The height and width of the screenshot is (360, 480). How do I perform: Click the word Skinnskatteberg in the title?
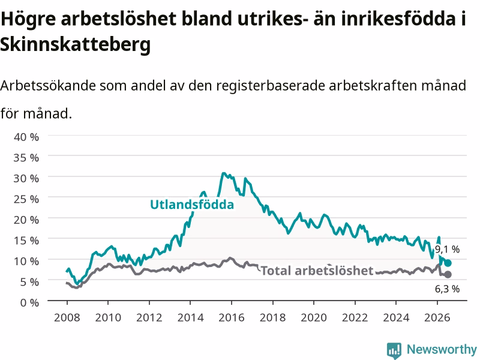click(76, 44)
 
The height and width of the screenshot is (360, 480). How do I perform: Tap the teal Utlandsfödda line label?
click(192, 205)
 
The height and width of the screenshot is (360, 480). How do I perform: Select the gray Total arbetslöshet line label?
click(317, 271)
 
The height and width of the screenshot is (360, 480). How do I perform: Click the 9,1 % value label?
click(447, 249)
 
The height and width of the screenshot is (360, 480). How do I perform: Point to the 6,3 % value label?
click(447, 289)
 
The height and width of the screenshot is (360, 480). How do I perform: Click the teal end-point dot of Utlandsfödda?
click(448, 263)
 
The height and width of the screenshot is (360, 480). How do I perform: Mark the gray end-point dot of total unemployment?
click(448, 275)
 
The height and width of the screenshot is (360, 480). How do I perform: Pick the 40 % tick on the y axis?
click(26, 137)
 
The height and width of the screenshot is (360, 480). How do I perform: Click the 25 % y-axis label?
click(26, 199)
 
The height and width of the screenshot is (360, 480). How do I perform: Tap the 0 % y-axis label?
click(29, 302)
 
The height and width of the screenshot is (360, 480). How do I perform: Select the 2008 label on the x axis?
click(67, 317)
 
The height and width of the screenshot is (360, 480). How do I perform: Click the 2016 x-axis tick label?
click(232, 317)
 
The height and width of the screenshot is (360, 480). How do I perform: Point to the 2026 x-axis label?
click(437, 317)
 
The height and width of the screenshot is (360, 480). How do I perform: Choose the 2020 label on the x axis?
click(314, 317)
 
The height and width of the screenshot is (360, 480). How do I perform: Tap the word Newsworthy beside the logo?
click(442, 349)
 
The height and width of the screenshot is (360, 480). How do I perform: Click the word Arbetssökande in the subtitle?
click(48, 85)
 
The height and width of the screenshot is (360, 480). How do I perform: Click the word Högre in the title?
click(28, 19)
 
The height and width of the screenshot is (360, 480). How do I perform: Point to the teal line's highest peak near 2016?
click(224, 173)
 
